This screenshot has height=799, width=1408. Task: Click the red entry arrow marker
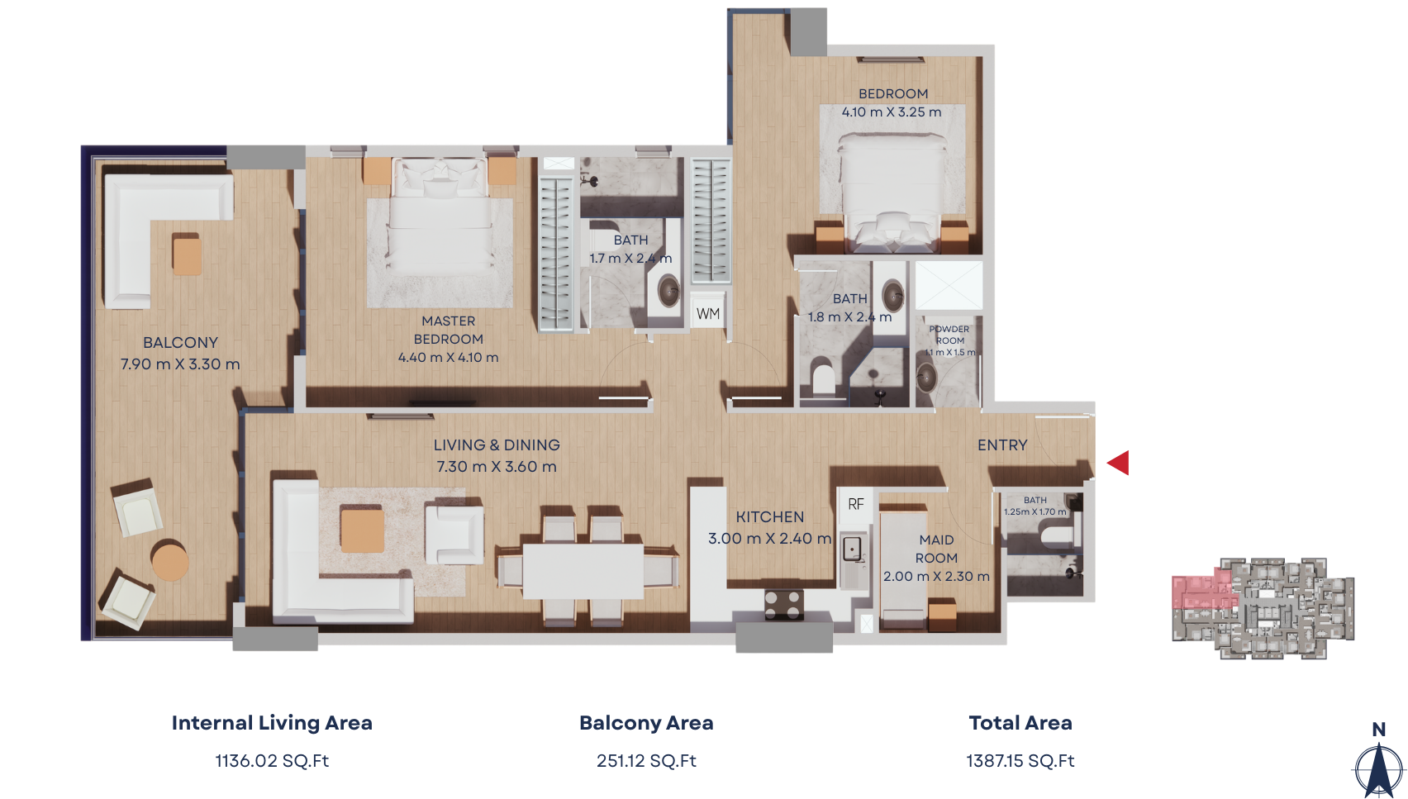(x=1119, y=463)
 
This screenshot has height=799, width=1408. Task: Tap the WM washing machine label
(x=708, y=314)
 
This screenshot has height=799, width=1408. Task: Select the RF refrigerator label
(x=855, y=504)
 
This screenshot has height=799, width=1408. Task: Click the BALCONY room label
(x=180, y=343)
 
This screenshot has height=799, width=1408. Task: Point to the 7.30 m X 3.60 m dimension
(x=497, y=467)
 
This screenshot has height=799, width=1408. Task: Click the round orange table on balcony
(x=169, y=561)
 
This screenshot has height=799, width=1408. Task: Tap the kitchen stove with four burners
(x=784, y=603)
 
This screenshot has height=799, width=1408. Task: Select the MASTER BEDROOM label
(x=448, y=330)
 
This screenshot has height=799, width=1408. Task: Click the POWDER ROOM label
(x=949, y=335)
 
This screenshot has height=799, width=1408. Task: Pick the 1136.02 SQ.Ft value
(x=272, y=761)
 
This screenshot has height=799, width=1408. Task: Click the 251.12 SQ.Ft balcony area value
(x=646, y=761)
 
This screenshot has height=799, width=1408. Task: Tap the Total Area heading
(x=1020, y=723)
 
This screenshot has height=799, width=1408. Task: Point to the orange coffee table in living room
(x=362, y=530)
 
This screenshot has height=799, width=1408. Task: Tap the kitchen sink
(x=852, y=549)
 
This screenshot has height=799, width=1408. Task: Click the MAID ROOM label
(x=936, y=549)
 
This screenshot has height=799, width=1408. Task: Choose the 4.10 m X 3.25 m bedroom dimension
(x=892, y=112)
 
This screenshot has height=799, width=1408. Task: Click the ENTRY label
(x=1002, y=445)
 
